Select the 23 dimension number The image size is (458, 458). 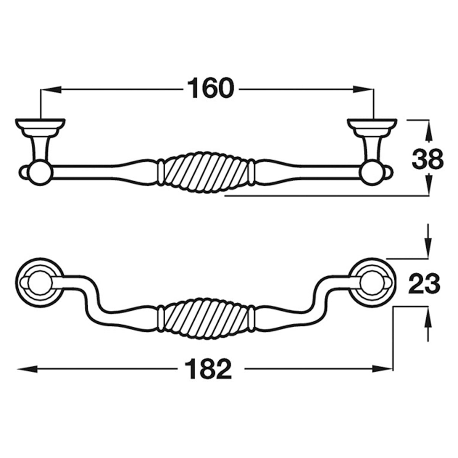(x=424, y=284)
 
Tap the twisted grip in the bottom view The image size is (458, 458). (x=206, y=319)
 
